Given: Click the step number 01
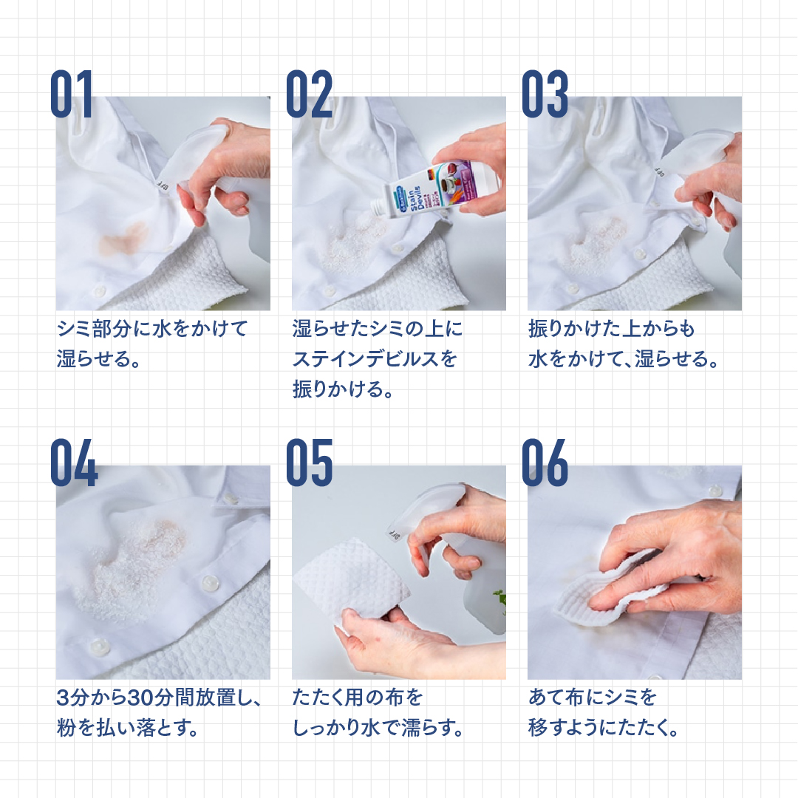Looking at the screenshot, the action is coord(71,94).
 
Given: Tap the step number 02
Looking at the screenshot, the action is coord(309,94).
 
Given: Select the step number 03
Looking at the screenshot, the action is coord(545,94).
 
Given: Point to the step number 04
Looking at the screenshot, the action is coord(74,463).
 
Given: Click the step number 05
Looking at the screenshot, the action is coord(309,463).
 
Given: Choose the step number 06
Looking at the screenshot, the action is coord(545,463).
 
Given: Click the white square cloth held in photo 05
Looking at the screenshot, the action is coord(351,580).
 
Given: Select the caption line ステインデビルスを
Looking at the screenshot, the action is coord(375,359).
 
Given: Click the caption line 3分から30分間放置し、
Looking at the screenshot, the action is coord(159,698).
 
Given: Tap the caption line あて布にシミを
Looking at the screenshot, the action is coord(593,698).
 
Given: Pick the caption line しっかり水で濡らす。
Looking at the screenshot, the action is coord(378,729).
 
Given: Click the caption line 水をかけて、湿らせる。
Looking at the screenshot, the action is coord(624,359).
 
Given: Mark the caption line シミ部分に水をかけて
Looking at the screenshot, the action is coord(152,329).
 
